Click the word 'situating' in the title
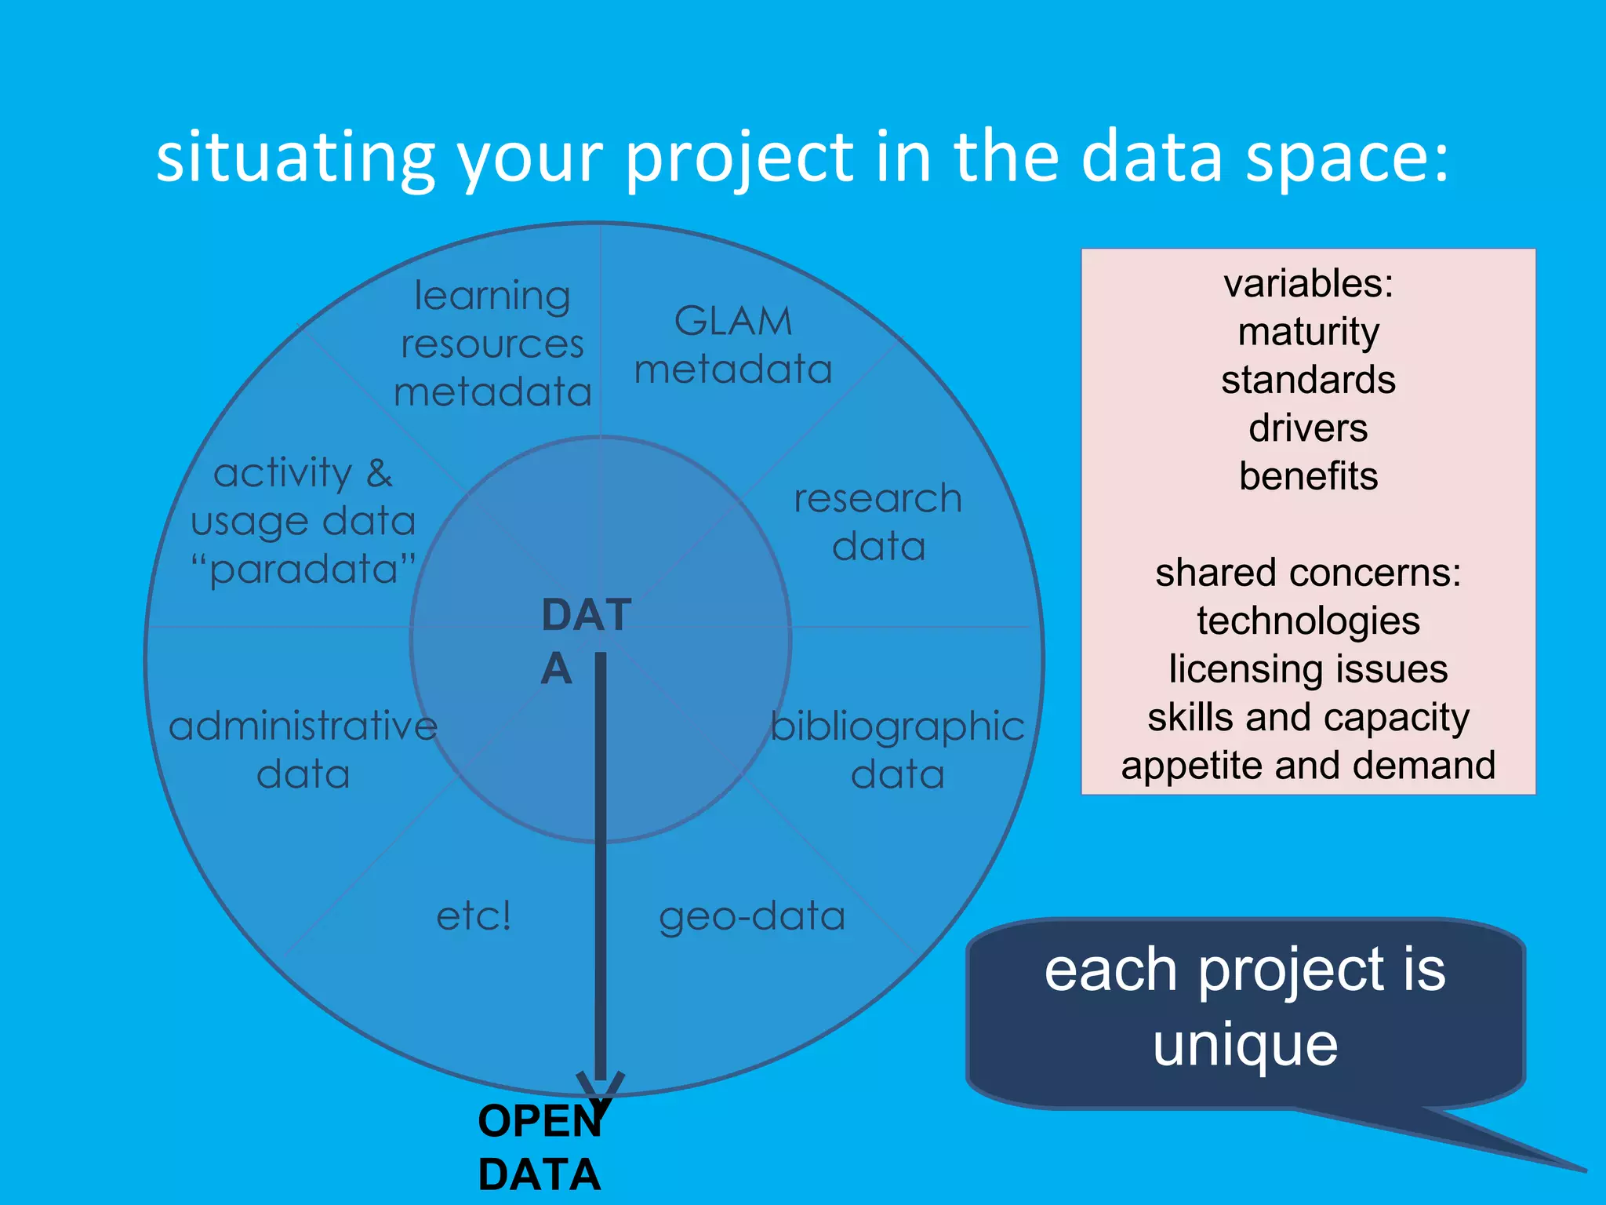295,159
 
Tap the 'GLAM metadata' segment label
733,345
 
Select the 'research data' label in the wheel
878,522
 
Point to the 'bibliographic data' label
898,750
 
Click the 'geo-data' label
752,916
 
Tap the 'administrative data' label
303,750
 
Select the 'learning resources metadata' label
492,344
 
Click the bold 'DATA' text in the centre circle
585,640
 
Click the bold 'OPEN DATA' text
540,1147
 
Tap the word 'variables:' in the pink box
1308,283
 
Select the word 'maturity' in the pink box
1308,332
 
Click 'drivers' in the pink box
1308,428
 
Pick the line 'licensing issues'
1308,669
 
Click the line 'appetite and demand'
1308,766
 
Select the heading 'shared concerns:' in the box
1308,573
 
